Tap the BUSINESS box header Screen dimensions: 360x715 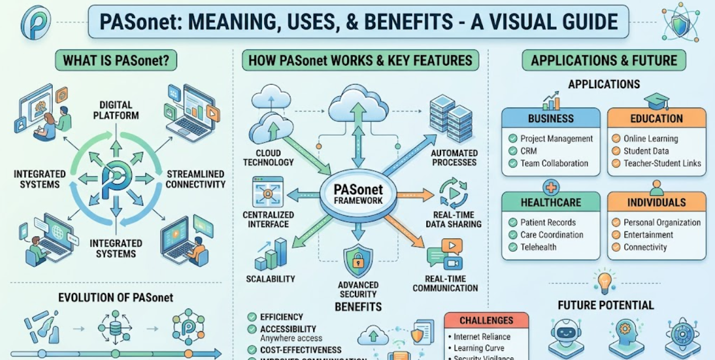(551, 119)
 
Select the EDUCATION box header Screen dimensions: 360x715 (657, 119)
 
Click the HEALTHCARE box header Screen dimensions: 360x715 (551, 203)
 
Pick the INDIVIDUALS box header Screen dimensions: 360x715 (657, 203)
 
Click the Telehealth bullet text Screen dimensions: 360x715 (538, 247)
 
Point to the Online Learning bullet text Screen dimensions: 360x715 (650, 139)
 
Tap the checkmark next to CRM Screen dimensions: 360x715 (513, 151)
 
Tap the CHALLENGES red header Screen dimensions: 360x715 (486, 321)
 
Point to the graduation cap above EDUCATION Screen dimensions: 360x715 (657, 101)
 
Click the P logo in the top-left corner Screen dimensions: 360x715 (35, 22)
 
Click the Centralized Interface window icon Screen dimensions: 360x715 (268, 192)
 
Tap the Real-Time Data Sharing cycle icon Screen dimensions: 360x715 (453, 193)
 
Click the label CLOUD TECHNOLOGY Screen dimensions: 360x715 (268, 158)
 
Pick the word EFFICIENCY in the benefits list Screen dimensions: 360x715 (281, 317)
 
